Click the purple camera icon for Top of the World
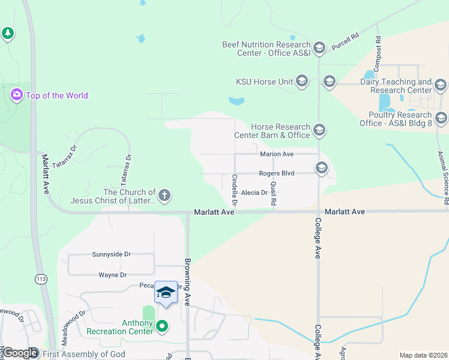click(16, 95)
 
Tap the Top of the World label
click(56, 95)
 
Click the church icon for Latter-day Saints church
click(164, 195)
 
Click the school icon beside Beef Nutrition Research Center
click(319, 47)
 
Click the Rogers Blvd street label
click(276, 173)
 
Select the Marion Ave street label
click(276, 154)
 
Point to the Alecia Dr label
click(255, 193)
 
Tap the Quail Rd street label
click(273, 194)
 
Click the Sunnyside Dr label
click(111, 254)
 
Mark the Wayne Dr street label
click(113, 275)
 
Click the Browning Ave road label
click(187, 281)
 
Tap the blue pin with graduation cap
click(166, 293)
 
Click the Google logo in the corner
click(20, 353)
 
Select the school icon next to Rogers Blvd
click(322, 168)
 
